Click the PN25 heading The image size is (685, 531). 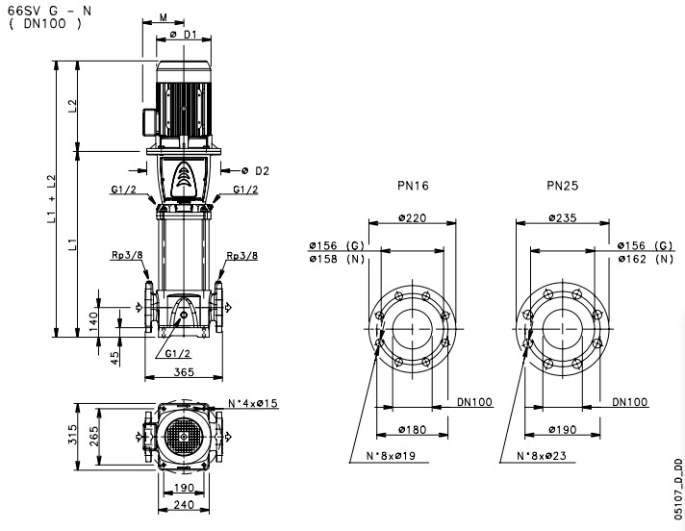[562, 184]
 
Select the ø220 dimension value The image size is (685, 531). [415, 219]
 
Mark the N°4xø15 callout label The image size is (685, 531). [253, 403]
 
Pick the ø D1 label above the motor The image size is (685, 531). [184, 35]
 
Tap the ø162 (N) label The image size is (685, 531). [648, 260]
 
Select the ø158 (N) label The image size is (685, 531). [330, 260]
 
